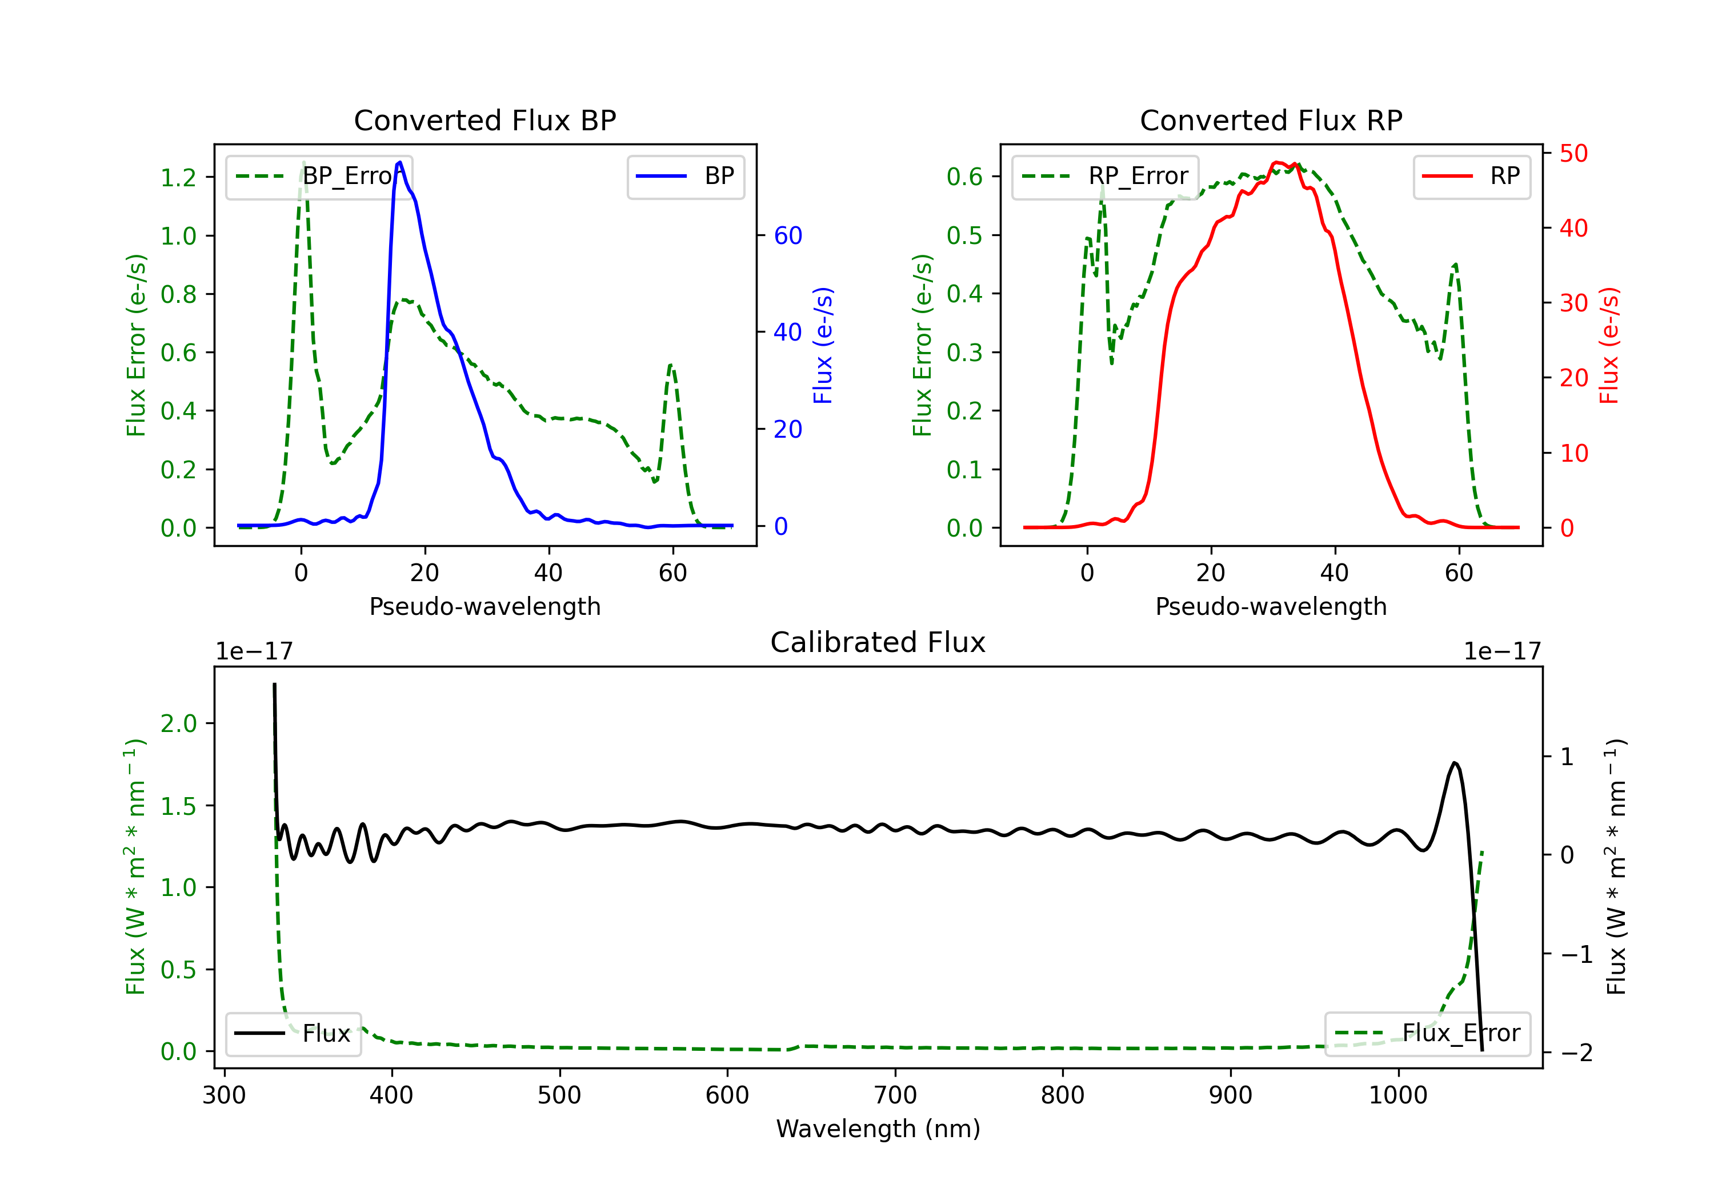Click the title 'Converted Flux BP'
pos(484,120)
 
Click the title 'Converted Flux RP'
pos(1271,120)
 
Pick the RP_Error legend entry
pos(1105,176)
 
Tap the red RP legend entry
pos(1471,176)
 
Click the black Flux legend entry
pos(294,1034)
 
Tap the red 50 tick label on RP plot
pos(1573,154)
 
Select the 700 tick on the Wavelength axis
pos(895,1095)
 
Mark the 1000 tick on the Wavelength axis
pos(1397,1095)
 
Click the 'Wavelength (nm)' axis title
pos(878,1129)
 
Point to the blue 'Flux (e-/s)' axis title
pos(823,345)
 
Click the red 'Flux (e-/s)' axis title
pos(1609,345)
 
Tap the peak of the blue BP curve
pos(400,162)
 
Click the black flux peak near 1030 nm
pos(1454,763)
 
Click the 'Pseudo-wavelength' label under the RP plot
pos(1271,606)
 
